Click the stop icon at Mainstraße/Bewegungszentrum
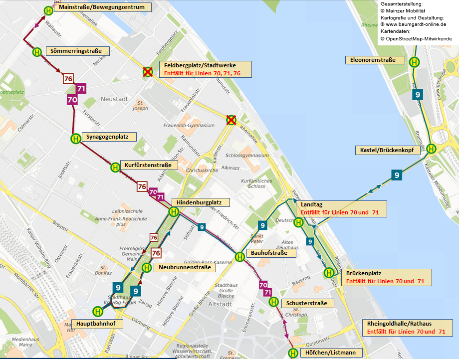click(48, 10)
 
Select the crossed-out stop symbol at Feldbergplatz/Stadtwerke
click(148, 71)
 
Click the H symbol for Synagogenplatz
click(75, 139)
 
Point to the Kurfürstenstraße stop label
click(148, 165)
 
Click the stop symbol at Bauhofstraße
click(239, 257)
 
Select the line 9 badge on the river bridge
click(397, 175)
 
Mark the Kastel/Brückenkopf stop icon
click(431, 148)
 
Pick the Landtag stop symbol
click(298, 222)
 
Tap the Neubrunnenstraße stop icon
click(147, 268)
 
